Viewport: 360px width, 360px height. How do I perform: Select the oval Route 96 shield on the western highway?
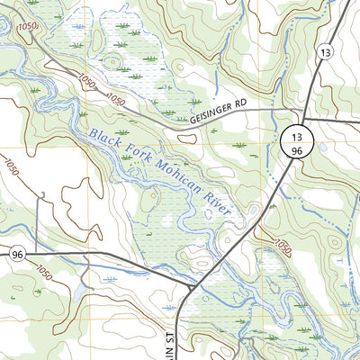17,256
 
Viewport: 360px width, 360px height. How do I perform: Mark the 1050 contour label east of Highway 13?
282,245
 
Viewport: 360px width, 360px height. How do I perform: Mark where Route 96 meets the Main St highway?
193,286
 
